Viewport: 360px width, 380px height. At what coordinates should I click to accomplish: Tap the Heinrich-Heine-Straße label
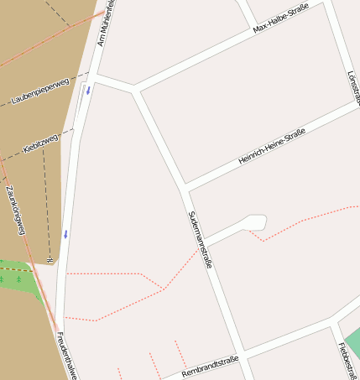(270, 147)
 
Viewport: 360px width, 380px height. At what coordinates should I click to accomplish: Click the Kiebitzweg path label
(40, 144)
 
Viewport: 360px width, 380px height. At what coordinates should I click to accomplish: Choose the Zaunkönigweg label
(15, 210)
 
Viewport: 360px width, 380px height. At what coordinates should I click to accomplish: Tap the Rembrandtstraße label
(210, 366)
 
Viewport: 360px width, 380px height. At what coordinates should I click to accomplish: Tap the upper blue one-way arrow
(86, 90)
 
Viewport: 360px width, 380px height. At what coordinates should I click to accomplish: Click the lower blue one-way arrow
(65, 234)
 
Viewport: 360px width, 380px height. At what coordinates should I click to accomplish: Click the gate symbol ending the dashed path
(50, 260)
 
